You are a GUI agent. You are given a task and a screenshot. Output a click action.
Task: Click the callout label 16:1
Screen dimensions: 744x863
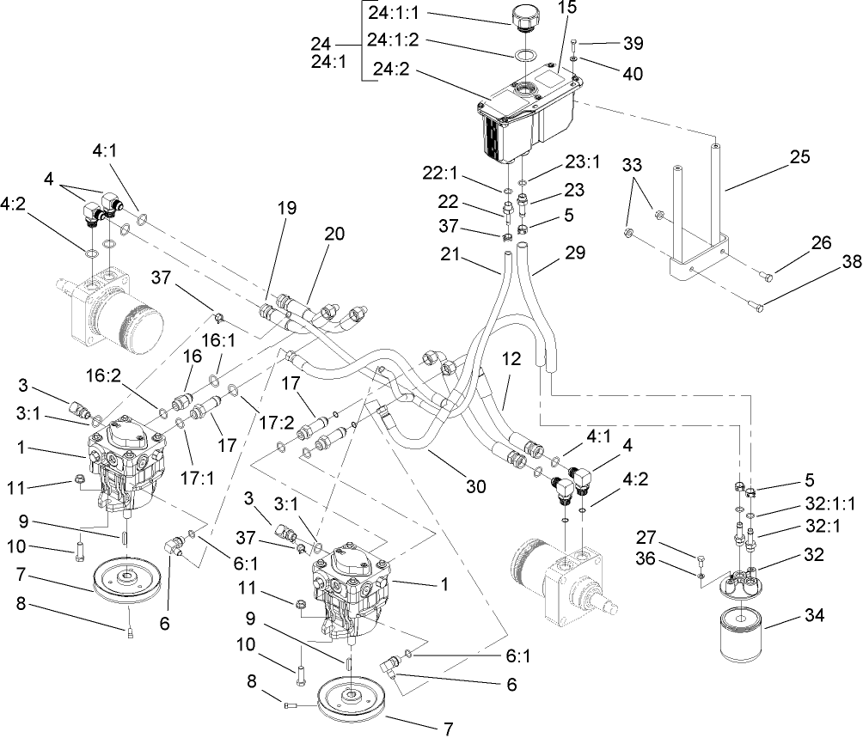point(226,342)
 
